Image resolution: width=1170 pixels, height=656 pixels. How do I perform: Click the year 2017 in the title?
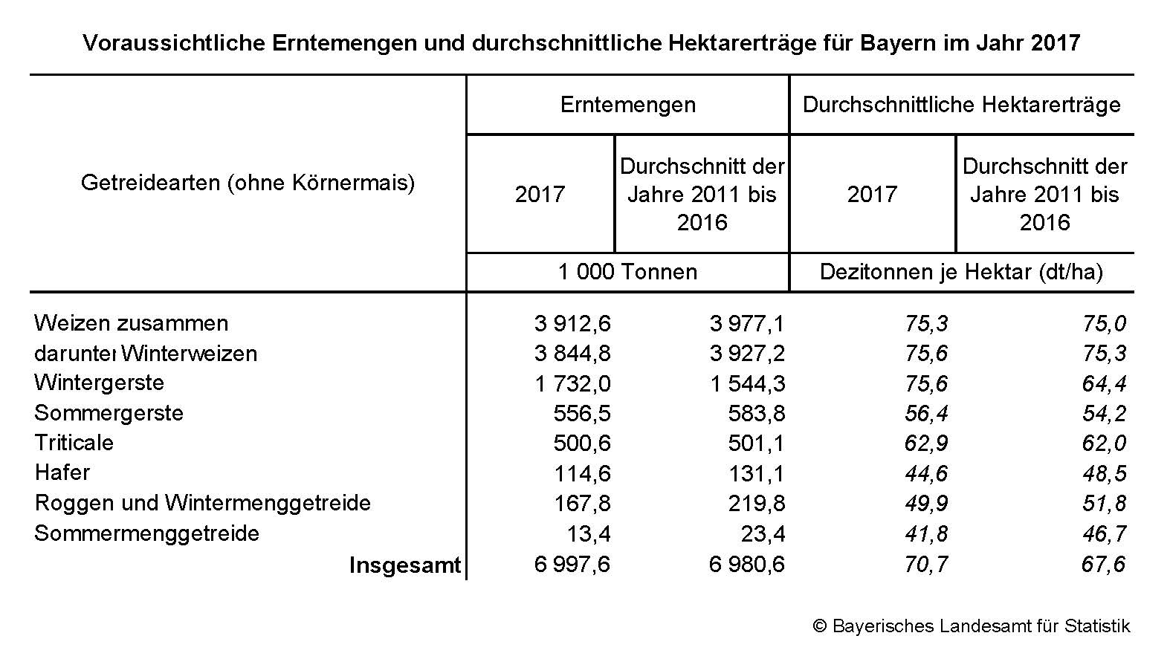[1056, 43]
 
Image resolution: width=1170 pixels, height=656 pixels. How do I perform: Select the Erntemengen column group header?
[628, 105]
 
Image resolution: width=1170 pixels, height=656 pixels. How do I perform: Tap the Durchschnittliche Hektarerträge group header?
[961, 105]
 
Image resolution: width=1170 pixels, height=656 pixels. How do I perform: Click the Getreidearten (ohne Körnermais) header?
[248, 183]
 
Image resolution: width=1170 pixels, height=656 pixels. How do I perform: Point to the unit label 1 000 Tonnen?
[628, 272]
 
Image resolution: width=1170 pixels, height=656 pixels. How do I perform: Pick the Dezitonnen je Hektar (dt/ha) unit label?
[961, 272]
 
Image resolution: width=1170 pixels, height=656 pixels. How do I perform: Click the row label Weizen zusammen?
[132, 323]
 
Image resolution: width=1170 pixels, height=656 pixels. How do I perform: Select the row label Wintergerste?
[100, 383]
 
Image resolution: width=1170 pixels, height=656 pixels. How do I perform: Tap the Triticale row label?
[74, 443]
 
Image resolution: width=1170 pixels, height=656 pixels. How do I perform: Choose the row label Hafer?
[62, 472]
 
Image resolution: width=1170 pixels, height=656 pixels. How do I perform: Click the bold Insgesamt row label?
[405, 565]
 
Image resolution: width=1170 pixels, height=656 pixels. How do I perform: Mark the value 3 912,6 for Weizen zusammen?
[572, 324]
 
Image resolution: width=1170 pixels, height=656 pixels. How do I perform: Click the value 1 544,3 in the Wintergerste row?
[747, 384]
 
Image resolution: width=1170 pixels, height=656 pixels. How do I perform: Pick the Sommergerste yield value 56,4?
[926, 414]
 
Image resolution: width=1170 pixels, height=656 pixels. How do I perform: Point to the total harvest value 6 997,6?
[572, 565]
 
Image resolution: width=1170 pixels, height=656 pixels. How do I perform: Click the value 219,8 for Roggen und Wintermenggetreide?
[756, 504]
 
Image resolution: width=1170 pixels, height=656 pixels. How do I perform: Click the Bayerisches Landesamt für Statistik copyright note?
[972, 626]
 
